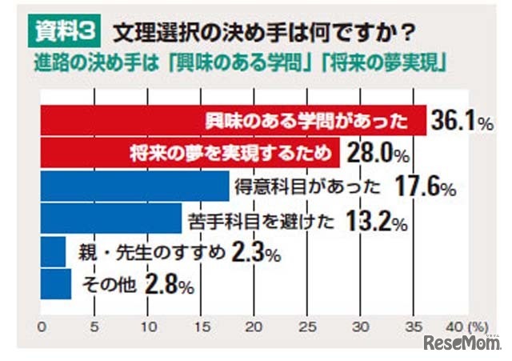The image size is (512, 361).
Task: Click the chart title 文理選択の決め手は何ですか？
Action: point(263,33)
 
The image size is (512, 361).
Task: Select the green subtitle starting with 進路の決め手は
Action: point(240,62)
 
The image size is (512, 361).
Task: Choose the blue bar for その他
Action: point(55,283)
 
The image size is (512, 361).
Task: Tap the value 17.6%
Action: point(425,187)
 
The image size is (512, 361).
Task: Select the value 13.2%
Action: point(372,220)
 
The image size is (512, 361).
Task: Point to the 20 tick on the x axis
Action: point(254,326)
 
